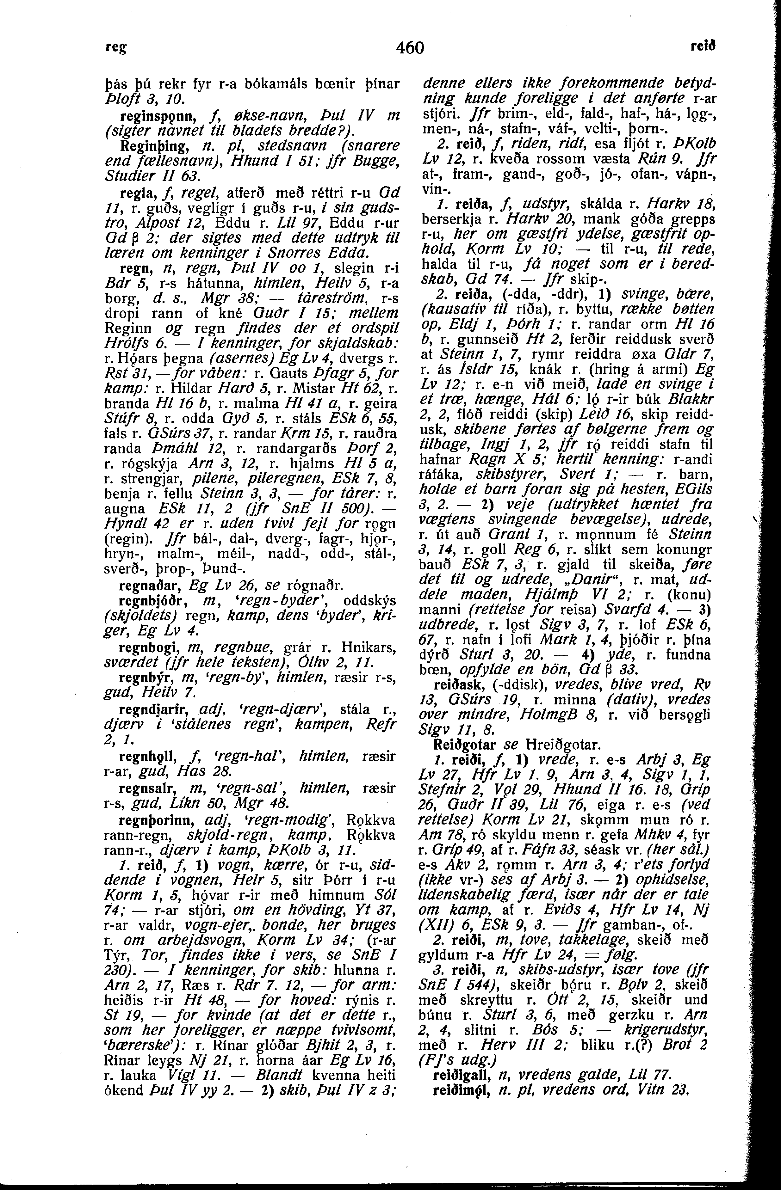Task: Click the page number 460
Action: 410,48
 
